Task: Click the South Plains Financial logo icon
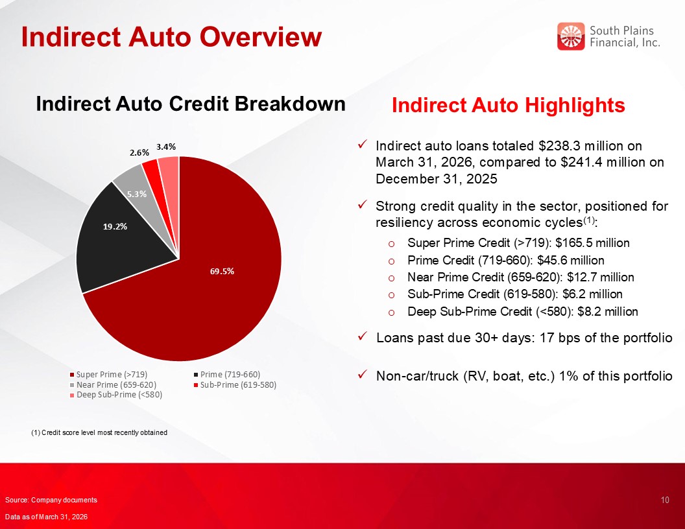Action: pyautogui.click(x=571, y=36)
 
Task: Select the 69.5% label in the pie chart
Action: pyautogui.click(x=222, y=271)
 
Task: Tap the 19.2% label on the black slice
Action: pyautogui.click(x=115, y=226)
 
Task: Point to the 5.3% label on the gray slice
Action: pyautogui.click(x=137, y=194)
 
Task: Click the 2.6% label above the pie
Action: pyautogui.click(x=139, y=152)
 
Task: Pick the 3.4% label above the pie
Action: pyautogui.click(x=166, y=147)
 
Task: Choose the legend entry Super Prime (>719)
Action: pyautogui.click(x=108, y=375)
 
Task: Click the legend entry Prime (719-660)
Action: pyautogui.click(x=227, y=375)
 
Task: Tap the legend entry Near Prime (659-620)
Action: pyautogui.click(x=113, y=384)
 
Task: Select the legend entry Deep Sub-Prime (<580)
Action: pyautogui.click(x=115, y=395)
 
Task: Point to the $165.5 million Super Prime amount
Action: pyautogui.click(x=592, y=242)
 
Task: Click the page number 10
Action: pyautogui.click(x=665, y=500)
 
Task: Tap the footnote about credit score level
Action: pyautogui.click(x=99, y=432)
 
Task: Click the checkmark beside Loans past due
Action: pyautogui.click(x=362, y=336)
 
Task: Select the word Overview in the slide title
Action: pyautogui.click(x=261, y=37)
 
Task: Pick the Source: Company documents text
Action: pyautogui.click(x=51, y=500)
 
